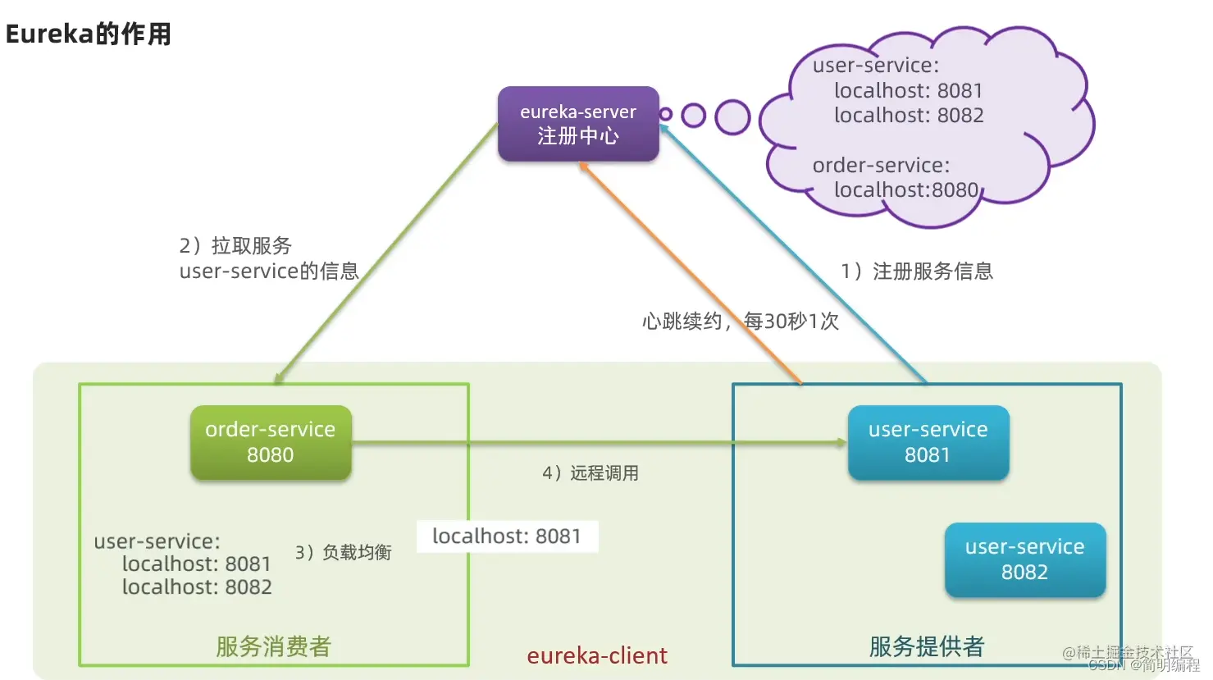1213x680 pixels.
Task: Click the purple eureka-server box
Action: point(578,124)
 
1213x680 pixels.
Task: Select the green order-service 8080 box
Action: point(271,442)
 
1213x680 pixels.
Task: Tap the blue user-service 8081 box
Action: point(928,442)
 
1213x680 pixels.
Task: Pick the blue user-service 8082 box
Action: point(1024,559)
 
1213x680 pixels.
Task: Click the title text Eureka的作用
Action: point(89,34)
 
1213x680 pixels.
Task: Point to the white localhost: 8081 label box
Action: point(507,536)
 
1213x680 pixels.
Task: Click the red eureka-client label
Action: point(597,655)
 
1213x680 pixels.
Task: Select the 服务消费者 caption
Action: point(273,646)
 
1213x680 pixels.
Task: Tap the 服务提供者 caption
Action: point(927,646)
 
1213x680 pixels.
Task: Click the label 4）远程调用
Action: point(591,473)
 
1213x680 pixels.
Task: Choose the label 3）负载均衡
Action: point(344,553)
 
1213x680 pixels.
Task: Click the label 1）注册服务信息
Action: point(917,272)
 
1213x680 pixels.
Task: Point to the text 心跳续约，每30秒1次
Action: point(741,321)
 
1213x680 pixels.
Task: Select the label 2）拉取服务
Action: point(235,246)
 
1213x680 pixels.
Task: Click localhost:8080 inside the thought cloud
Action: point(906,190)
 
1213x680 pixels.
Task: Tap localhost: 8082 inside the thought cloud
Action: point(909,116)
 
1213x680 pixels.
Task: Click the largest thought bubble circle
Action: point(732,117)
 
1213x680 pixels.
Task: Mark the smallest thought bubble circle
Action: point(666,114)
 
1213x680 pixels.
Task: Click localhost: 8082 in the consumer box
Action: point(197,587)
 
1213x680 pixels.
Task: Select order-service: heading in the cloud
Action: point(881,166)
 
